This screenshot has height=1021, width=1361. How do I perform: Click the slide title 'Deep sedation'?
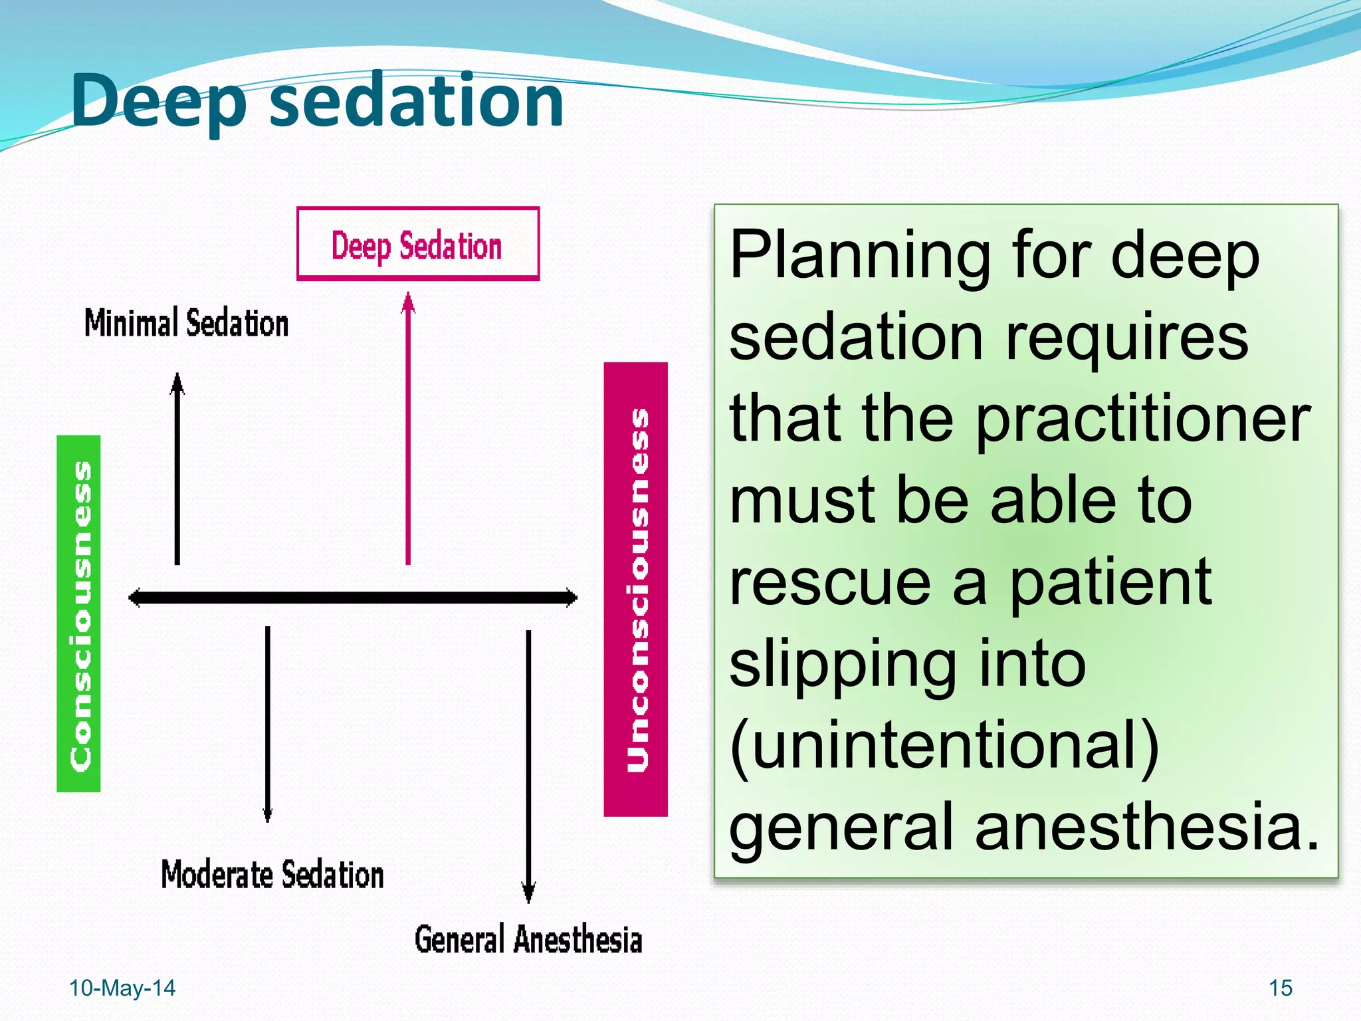point(317,101)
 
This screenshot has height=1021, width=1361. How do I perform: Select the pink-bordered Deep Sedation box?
point(417,244)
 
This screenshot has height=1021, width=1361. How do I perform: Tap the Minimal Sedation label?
point(186,323)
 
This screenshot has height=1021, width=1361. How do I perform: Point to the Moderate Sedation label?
point(272,874)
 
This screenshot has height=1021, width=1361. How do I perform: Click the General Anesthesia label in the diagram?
point(528,939)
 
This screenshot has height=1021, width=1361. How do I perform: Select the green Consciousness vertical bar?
point(79,613)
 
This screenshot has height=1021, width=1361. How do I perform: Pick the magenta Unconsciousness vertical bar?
point(636,589)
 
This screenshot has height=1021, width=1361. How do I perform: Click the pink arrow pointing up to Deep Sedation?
point(408,432)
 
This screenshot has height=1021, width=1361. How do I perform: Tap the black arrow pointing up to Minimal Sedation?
point(177,472)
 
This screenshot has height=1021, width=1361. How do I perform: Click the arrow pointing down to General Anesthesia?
point(528,764)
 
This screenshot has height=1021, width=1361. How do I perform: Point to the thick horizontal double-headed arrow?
point(352,598)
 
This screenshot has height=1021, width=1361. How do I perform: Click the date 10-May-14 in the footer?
point(122,988)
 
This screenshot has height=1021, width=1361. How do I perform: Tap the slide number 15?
point(1280,988)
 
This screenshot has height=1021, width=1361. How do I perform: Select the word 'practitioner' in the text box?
point(1143,419)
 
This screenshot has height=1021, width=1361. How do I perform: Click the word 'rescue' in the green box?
point(829,582)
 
